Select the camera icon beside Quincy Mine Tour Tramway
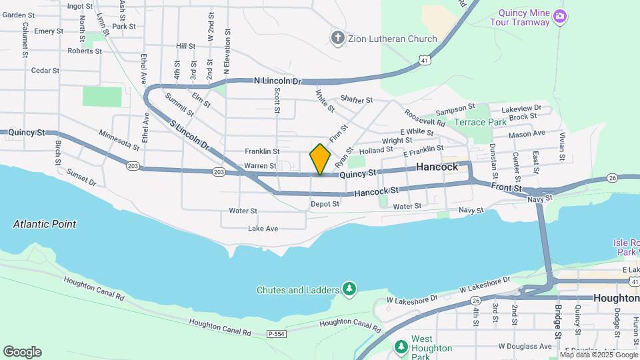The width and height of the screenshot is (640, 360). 560,16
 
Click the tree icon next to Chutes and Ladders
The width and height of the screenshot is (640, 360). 348,289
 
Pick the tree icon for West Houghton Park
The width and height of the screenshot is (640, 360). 401,347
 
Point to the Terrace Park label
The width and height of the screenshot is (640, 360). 480,123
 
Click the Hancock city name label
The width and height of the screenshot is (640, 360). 437,167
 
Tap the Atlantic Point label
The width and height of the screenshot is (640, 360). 45,225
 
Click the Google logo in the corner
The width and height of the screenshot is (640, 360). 22,352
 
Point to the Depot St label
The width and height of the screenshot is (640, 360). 325,204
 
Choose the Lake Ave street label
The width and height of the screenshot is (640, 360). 263,229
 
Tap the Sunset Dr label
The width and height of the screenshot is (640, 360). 81,177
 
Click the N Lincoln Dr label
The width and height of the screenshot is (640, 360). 278,81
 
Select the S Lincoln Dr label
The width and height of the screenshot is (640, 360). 189,135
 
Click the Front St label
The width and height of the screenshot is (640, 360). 508,189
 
